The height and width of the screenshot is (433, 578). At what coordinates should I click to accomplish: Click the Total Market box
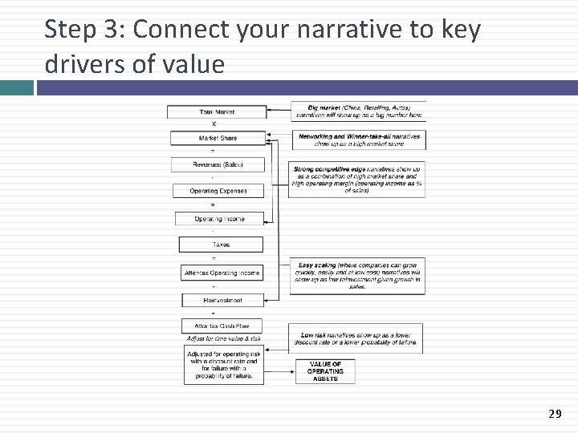(217, 111)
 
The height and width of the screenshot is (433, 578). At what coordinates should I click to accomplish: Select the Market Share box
(218, 138)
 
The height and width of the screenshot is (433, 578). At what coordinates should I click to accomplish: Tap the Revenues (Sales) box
(218, 164)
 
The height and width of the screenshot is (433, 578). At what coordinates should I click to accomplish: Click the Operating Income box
(219, 218)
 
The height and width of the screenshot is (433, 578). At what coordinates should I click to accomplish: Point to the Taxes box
(221, 245)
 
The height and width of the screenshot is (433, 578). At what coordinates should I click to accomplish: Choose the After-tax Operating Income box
(222, 273)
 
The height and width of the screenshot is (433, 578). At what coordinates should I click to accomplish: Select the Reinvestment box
(222, 300)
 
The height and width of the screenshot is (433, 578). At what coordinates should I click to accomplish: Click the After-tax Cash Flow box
(222, 326)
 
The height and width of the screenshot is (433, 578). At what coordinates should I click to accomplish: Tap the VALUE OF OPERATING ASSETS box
(325, 371)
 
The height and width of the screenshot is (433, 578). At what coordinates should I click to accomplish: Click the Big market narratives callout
(358, 111)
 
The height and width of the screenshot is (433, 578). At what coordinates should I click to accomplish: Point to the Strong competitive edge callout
(356, 180)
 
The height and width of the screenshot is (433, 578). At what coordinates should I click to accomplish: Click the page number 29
(554, 414)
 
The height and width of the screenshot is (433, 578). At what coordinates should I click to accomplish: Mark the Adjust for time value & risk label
(223, 339)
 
